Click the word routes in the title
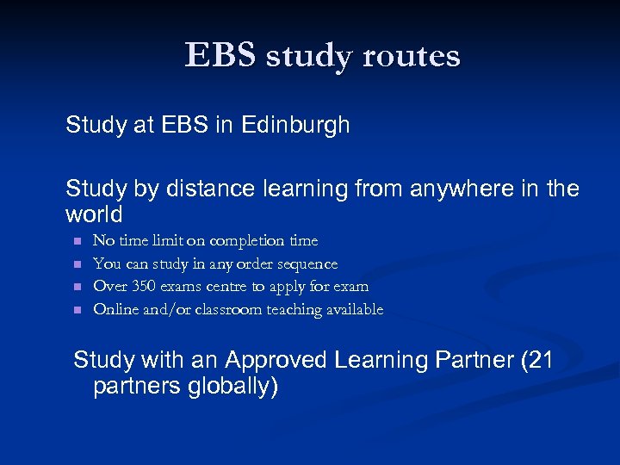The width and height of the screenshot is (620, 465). tap(412, 57)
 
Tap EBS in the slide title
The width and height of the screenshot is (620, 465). tap(220, 56)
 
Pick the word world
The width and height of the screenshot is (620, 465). tap(94, 214)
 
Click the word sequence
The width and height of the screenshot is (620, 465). tap(308, 264)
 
